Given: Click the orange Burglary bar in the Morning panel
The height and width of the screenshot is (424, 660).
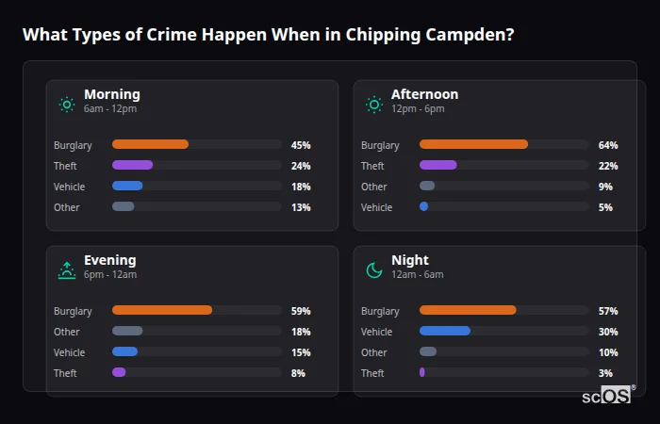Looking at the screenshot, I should pyautogui.click(x=150, y=144).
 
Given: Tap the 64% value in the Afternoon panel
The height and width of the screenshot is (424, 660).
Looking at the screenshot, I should pyautogui.click(x=608, y=145).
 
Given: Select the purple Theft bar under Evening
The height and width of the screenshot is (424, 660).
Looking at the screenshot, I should pyautogui.click(x=119, y=372).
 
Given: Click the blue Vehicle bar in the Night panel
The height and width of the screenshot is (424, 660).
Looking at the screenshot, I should pyautogui.click(x=445, y=331).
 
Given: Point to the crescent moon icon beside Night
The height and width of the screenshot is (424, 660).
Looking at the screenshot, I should pyautogui.click(x=374, y=270).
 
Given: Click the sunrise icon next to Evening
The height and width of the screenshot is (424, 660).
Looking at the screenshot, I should pyautogui.click(x=67, y=270).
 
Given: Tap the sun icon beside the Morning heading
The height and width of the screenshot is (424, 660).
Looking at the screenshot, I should pyautogui.click(x=67, y=105).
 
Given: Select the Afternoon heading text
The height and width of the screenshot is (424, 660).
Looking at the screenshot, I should pyautogui.click(x=424, y=94).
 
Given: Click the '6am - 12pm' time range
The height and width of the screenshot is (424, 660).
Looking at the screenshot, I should pyautogui.click(x=110, y=109).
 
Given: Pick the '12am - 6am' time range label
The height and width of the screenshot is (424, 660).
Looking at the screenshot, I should pyautogui.click(x=417, y=275).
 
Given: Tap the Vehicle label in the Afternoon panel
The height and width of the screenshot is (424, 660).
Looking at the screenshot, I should pyautogui.click(x=376, y=207).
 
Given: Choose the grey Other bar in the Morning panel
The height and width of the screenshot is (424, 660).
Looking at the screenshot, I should pyautogui.click(x=124, y=206).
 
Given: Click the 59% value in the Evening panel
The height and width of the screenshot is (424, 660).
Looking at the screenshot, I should pyautogui.click(x=301, y=311).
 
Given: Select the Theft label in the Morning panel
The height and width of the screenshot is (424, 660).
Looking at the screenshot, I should pyautogui.click(x=65, y=166).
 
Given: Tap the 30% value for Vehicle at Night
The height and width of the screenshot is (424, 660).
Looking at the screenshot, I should pyautogui.click(x=608, y=332).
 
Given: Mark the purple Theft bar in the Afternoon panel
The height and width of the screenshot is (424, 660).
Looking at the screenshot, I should pyautogui.click(x=438, y=165).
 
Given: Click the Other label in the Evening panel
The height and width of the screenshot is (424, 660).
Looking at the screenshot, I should pyautogui.click(x=67, y=332).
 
